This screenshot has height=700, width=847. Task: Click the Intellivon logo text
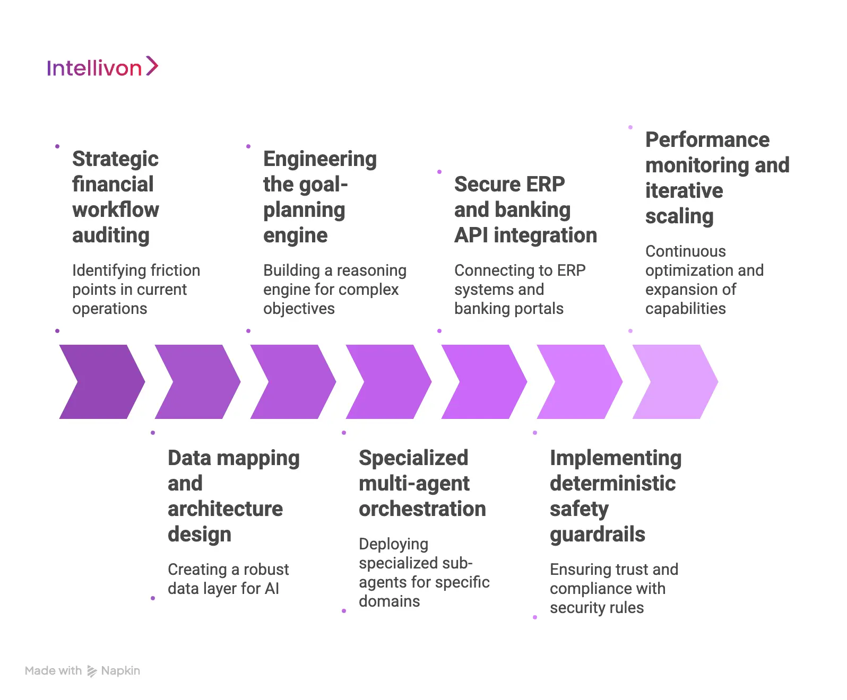(x=94, y=68)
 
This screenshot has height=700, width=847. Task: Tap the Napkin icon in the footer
(x=92, y=671)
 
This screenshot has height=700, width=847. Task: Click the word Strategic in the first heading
(x=115, y=159)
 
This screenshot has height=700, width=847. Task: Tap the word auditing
(x=110, y=235)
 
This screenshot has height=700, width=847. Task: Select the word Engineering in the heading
(x=319, y=159)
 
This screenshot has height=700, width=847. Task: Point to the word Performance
(x=707, y=140)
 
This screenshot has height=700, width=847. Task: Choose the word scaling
(x=679, y=216)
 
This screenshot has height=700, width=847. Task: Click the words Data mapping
(x=234, y=458)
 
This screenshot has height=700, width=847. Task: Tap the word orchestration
(x=422, y=509)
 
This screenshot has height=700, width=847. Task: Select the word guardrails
(x=597, y=535)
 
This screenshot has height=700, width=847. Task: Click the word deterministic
(x=612, y=484)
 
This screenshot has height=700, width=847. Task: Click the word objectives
(x=299, y=309)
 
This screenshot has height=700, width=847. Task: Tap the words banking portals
(x=508, y=309)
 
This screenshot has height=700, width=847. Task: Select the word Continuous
(x=685, y=251)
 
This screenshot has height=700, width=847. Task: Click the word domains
(x=389, y=601)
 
